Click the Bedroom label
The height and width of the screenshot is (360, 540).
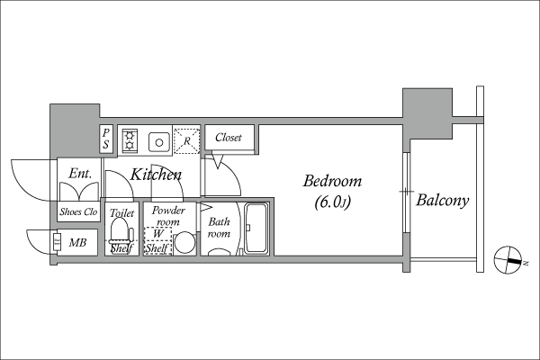pyautogui.click(x=332, y=181)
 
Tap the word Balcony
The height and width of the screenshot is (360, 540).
pyautogui.click(x=443, y=200)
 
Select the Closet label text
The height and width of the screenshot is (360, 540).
pyautogui.click(x=229, y=138)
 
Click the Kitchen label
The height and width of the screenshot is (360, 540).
pyautogui.click(x=156, y=175)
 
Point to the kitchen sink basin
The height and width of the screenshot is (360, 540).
pyautogui.click(x=158, y=142)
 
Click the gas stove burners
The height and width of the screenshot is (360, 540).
pyautogui.click(x=130, y=139)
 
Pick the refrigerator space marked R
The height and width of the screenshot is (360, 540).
pyautogui.click(x=186, y=140)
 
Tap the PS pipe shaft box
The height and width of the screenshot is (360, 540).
pyautogui.click(x=106, y=139)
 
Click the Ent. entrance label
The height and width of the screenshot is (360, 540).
pyautogui.click(x=80, y=174)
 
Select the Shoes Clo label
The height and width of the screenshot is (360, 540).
pyautogui.click(x=78, y=211)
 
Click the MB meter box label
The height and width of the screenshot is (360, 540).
pyautogui.click(x=77, y=242)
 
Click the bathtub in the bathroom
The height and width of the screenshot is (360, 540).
pyautogui.click(x=256, y=229)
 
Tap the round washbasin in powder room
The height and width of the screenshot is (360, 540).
pyautogui.click(x=184, y=242)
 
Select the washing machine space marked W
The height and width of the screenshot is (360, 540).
pyautogui.click(x=157, y=240)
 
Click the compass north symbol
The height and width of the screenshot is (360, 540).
pyautogui.click(x=508, y=260)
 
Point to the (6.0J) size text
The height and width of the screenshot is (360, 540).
pyautogui.click(x=333, y=202)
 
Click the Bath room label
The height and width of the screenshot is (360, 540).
pyautogui.click(x=219, y=228)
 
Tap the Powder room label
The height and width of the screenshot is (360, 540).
pyautogui.click(x=168, y=216)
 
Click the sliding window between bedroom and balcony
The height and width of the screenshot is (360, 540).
pyautogui.click(x=407, y=192)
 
